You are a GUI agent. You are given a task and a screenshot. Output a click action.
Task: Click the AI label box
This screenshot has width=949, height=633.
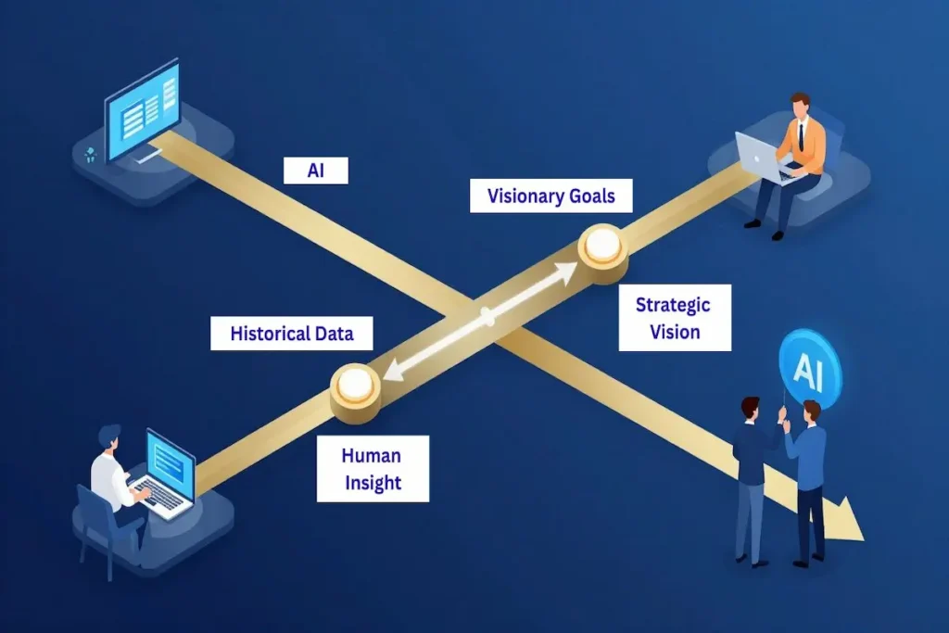(x=315, y=170)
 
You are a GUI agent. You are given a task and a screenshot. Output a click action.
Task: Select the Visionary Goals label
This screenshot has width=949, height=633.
(x=550, y=196)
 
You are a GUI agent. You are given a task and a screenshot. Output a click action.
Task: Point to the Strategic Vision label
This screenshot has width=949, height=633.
(x=675, y=317)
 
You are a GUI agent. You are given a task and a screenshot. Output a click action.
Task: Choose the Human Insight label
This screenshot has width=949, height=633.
(x=372, y=468)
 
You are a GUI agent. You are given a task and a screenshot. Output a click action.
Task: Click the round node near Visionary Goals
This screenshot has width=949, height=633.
(x=602, y=247)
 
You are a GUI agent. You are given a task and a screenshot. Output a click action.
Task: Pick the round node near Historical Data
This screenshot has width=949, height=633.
(x=355, y=385)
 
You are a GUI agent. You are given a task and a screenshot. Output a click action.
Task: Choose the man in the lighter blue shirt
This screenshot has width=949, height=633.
(x=808, y=482)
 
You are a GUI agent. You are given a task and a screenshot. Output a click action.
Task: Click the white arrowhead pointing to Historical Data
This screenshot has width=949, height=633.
(x=394, y=373)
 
